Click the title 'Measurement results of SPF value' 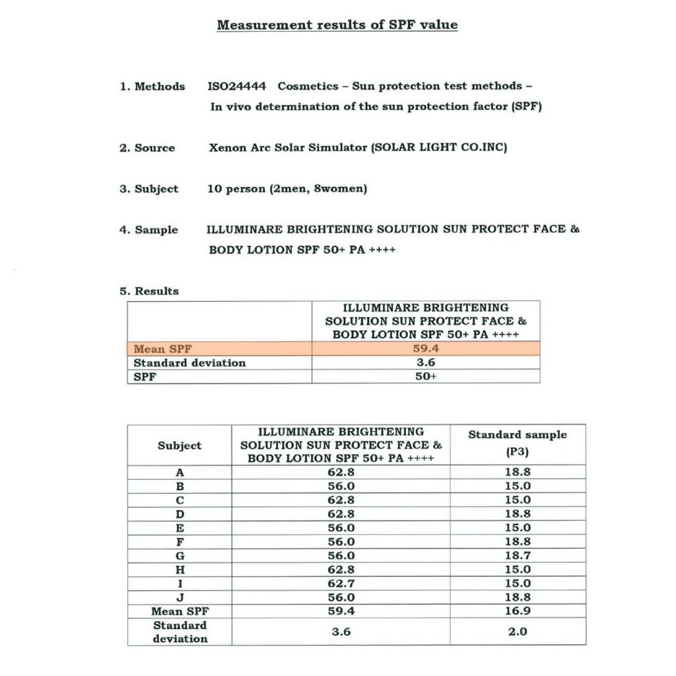point(337,25)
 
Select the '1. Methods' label point(152,86)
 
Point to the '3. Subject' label point(149,189)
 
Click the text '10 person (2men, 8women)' point(287,189)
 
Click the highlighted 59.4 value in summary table point(426,349)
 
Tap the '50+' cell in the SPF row point(426,376)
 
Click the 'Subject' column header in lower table point(180,446)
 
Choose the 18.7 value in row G point(518,556)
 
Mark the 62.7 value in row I point(341,584)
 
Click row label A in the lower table point(180,472)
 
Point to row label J point(180,597)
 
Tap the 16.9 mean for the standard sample point(518,611)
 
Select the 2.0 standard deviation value point(518,632)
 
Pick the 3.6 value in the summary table point(426,362)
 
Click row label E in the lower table point(180,528)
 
